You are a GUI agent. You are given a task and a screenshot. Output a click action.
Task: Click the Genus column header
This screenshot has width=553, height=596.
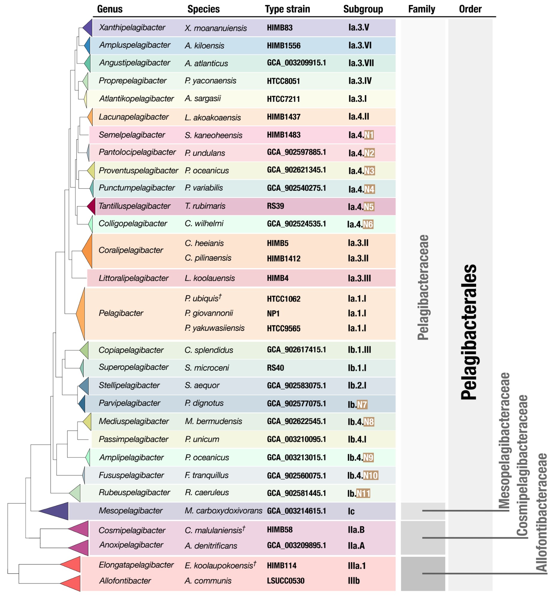click(110, 9)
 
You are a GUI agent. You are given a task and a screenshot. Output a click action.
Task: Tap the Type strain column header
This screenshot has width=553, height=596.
click(287, 9)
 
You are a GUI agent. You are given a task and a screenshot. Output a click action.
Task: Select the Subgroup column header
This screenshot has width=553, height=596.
click(363, 9)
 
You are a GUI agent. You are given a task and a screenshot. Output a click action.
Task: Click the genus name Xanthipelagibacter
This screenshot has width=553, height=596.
click(132, 28)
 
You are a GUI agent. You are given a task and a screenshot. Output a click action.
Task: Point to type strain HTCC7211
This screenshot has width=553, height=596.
click(283, 99)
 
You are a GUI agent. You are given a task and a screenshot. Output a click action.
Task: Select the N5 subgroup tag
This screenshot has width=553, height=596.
click(369, 207)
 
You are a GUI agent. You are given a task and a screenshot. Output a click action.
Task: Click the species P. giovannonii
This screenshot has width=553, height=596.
click(209, 313)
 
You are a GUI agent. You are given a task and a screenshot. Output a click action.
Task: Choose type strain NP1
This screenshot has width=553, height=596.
click(273, 314)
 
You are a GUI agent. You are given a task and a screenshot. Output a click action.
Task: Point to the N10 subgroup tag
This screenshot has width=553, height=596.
click(370, 475)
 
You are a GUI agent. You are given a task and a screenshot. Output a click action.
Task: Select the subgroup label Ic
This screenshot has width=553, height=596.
click(351, 511)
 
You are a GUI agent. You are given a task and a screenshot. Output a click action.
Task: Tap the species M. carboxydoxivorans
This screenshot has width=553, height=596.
click(223, 511)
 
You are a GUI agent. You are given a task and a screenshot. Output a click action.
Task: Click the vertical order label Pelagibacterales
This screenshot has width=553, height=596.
click(469, 332)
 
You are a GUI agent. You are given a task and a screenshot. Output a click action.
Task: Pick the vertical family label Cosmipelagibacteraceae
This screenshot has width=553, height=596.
click(522, 465)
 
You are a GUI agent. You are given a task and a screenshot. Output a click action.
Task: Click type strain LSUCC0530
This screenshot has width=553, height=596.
click(286, 581)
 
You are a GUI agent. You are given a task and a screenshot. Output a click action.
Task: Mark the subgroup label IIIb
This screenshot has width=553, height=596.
click(354, 581)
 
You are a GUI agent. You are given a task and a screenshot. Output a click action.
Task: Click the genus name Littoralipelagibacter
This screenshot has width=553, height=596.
click(134, 278)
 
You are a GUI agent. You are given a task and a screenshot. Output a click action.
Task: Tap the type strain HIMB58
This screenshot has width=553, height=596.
click(280, 530)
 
